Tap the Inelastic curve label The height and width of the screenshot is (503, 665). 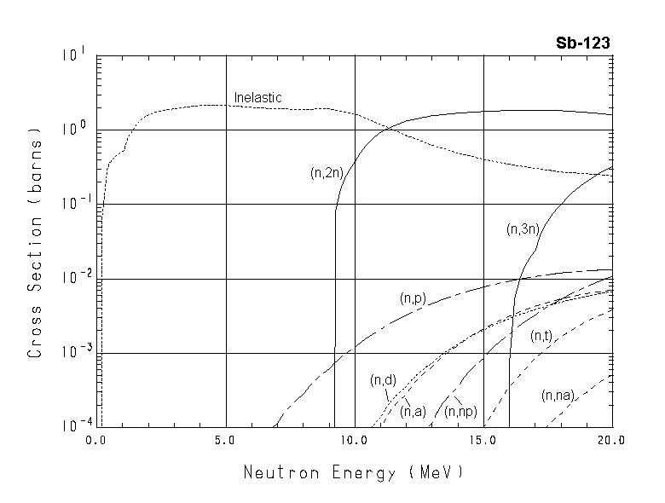[x=257, y=98]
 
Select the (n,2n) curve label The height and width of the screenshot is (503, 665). [x=326, y=172]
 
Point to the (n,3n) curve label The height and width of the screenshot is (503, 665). [x=522, y=228]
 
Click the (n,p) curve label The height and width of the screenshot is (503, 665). [x=413, y=298]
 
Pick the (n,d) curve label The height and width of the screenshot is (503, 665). [x=383, y=379]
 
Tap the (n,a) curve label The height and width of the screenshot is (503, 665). [x=413, y=411]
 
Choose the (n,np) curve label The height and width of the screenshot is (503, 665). [x=460, y=411]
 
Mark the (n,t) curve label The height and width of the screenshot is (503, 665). [x=541, y=337]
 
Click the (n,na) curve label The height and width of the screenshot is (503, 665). [x=558, y=395]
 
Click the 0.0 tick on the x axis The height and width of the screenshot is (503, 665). [x=96, y=441]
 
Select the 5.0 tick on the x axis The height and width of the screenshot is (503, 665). [x=225, y=441]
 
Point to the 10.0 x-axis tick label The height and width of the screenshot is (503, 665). [x=354, y=441]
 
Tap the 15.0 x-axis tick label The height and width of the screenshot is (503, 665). [x=483, y=441]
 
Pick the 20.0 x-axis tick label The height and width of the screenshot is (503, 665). [x=611, y=441]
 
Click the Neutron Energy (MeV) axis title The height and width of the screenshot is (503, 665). [x=355, y=471]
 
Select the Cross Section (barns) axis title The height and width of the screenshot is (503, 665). [x=36, y=242]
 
